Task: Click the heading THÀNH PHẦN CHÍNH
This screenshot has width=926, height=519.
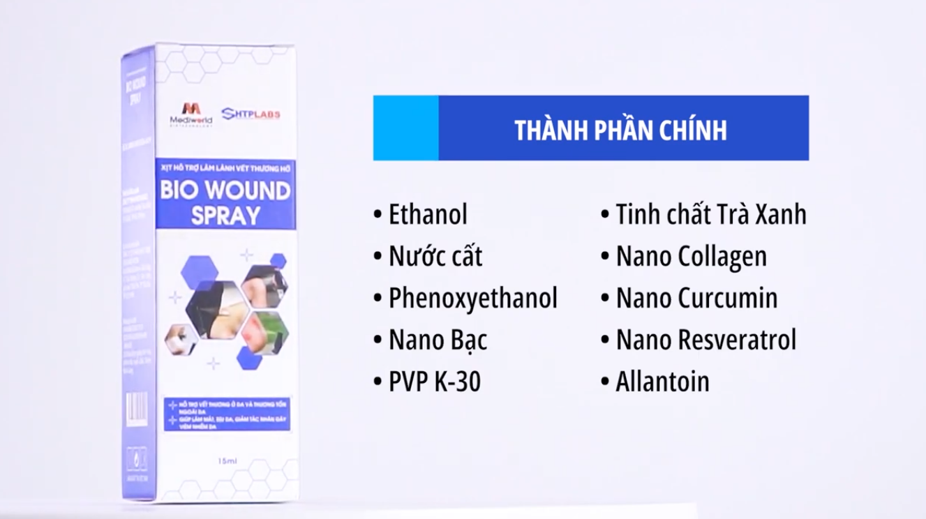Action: click(620, 130)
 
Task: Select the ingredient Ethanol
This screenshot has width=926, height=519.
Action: click(428, 214)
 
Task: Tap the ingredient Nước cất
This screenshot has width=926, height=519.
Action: click(435, 257)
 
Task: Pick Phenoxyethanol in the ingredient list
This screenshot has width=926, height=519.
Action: click(473, 299)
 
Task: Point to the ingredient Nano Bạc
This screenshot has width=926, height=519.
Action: click(438, 340)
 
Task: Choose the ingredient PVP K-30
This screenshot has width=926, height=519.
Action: click(435, 382)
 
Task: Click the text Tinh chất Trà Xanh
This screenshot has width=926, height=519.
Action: click(710, 214)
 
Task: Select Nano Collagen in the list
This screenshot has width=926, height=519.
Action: click(691, 257)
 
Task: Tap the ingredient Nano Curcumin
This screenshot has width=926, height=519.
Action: click(696, 299)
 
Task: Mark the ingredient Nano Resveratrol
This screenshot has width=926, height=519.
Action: click(705, 340)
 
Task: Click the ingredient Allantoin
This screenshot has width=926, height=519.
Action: click(662, 382)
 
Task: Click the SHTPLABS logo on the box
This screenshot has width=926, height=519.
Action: click(251, 114)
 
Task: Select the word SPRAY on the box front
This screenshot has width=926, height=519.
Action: click(225, 216)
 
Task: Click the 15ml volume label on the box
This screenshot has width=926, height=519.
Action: click(225, 461)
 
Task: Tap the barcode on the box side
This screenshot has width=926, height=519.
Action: click(137, 406)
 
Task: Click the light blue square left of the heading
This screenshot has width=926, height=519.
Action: click(405, 128)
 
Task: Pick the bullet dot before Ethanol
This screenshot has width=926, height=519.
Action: click(378, 214)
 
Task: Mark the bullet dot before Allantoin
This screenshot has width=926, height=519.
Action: click(604, 382)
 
